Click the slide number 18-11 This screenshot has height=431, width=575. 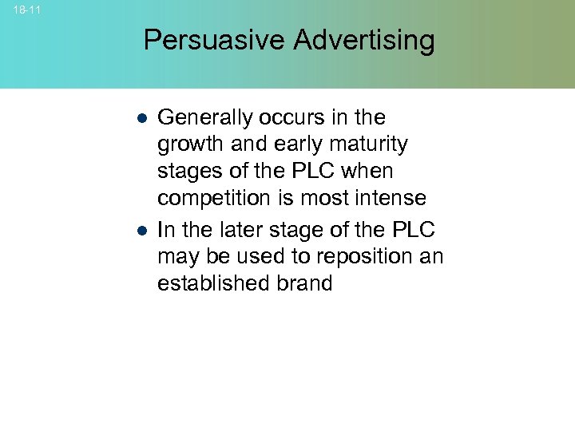coord(26,10)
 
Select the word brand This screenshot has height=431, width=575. coord(302,284)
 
